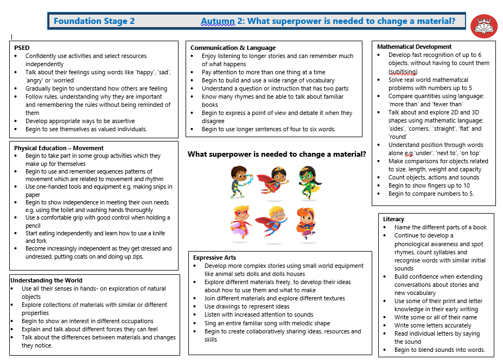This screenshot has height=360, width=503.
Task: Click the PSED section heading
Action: click(x=22, y=48)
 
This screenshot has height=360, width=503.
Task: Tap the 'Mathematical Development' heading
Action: click(x=414, y=47)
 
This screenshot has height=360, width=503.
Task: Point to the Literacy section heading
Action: click(x=393, y=219)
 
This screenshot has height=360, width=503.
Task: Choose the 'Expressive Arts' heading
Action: click(x=215, y=258)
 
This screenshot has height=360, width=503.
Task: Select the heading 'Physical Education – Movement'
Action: click(x=59, y=147)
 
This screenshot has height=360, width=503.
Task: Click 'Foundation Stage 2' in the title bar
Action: click(x=94, y=21)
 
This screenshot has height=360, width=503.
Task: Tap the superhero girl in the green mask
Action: click(x=308, y=182)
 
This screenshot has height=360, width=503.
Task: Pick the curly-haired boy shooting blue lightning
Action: click(x=239, y=182)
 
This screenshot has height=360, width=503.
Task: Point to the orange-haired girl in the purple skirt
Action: click(x=307, y=222)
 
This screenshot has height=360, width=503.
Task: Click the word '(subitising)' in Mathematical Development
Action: click(x=403, y=72)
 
